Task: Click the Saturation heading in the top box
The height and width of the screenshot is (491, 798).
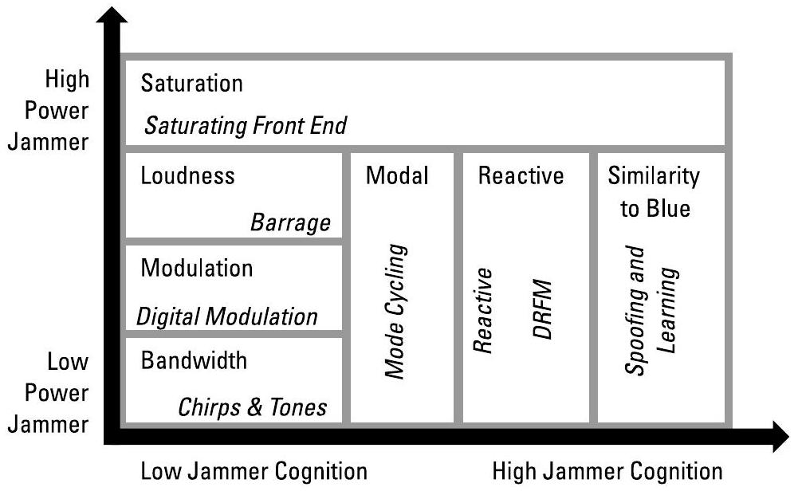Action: pyautogui.click(x=191, y=83)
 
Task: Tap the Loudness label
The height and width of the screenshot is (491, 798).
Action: pyautogui.click(x=188, y=176)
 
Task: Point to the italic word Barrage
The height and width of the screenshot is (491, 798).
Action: pyautogui.click(x=290, y=222)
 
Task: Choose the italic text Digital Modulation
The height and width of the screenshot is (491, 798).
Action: pyautogui.click(x=227, y=316)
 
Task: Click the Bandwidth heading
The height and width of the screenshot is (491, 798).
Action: pyautogui.click(x=194, y=360)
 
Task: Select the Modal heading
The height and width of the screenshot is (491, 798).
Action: pyautogui.click(x=397, y=176)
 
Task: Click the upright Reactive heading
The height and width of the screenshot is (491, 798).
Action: pyautogui.click(x=521, y=176)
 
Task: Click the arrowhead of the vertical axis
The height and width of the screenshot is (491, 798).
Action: pyautogui.click(x=116, y=16)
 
